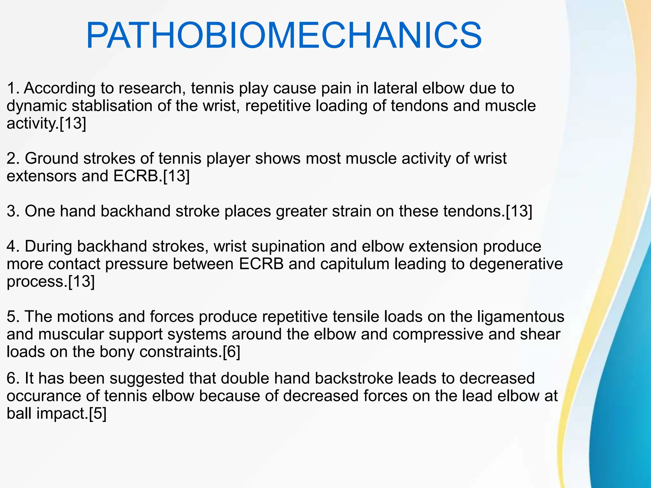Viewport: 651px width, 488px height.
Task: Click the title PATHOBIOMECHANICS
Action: click(284, 36)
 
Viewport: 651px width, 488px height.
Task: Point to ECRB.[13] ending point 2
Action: click(151, 176)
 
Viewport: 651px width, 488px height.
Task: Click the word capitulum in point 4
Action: click(355, 264)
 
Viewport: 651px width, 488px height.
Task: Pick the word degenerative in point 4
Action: click(516, 264)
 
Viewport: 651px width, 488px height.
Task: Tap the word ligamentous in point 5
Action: click(521, 317)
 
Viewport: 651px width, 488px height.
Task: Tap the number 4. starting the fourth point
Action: click(13, 247)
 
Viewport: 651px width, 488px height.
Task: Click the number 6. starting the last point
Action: click(13, 378)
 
